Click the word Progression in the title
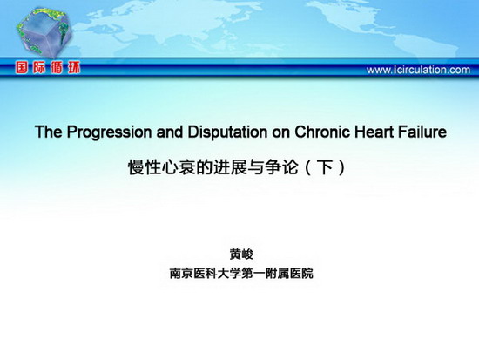click(109, 132)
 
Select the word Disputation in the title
click(227, 132)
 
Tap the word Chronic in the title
click(322, 132)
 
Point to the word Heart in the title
click(374, 132)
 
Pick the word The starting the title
click(49, 132)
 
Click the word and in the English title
click(170, 132)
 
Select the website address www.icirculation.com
click(418, 70)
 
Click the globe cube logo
click(44, 31)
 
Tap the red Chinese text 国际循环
click(48, 67)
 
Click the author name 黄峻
click(241, 255)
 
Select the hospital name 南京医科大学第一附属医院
click(241, 274)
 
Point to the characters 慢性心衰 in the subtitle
click(162, 167)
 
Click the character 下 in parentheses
click(325, 167)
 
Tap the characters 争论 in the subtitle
click(281, 167)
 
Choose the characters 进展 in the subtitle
click(230, 167)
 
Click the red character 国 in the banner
click(22, 67)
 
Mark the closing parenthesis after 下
click(341, 167)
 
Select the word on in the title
click(281, 133)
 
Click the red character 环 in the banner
click(74, 67)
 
